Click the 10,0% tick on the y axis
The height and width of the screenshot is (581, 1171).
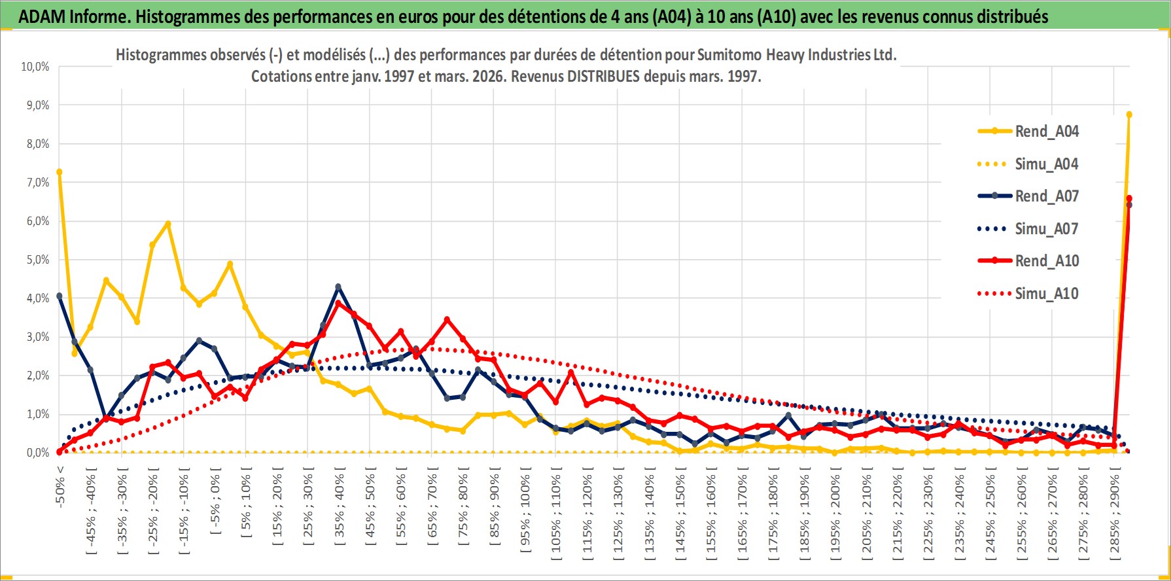click(35, 67)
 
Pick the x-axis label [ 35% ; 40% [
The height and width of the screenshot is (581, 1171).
click(340, 507)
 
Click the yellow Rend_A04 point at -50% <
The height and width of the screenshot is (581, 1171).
click(60, 172)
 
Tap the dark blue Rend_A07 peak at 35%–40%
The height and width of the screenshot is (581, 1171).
click(338, 287)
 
